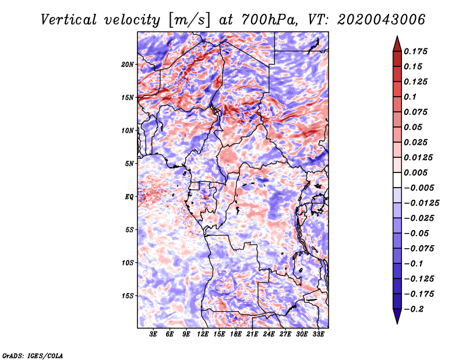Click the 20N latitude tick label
click(127, 64)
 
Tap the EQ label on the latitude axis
click(129, 196)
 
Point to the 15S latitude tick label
click(127, 296)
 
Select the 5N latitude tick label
click(129, 164)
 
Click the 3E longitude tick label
click(153, 334)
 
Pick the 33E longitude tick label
click(318, 334)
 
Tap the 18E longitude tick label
click(236, 334)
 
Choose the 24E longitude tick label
click(269, 334)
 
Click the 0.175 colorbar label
click(415, 51)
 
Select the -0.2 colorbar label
click(414, 309)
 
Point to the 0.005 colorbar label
click(415, 172)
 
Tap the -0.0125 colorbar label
click(421, 203)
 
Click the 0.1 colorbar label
click(410, 97)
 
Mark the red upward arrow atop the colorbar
click(397, 44)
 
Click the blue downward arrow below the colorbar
click(397, 316)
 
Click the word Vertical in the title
click(69, 20)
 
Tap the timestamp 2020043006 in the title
click(382, 20)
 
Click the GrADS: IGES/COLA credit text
click(33, 355)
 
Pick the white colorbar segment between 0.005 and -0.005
click(397, 180)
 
